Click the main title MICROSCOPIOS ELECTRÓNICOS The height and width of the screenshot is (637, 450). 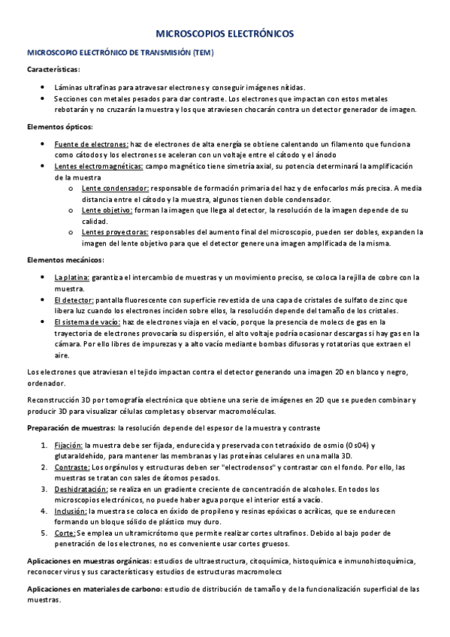point(225,35)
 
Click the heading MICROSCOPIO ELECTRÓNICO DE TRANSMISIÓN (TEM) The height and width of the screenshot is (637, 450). point(121,53)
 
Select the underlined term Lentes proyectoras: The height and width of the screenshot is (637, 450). point(116,232)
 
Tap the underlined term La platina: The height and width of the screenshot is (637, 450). point(72,277)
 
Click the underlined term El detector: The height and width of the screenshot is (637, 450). point(74,300)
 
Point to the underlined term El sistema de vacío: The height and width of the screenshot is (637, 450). point(87,322)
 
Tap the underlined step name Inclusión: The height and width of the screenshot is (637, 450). point(71,511)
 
